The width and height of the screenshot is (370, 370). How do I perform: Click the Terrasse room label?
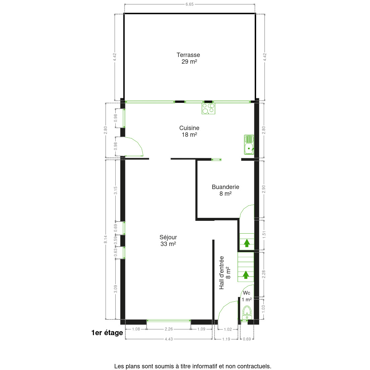pos(188,55)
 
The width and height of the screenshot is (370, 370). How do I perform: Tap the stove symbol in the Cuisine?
pos(208,108)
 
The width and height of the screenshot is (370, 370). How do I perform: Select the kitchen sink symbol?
pos(249,144)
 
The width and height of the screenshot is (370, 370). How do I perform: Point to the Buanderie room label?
pos(225,187)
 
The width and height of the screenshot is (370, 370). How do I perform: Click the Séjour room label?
pos(168,237)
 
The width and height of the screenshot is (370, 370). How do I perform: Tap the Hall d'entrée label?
pos(222,273)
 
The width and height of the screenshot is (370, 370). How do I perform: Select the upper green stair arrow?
pos(247,243)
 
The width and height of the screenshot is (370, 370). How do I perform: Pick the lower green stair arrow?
pos(246,275)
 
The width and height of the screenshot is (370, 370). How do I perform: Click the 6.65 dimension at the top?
pos(189,4)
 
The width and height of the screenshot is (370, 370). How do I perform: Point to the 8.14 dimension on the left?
pos(106,239)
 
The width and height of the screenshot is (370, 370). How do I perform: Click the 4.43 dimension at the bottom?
pos(169,339)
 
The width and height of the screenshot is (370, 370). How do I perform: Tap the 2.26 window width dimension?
pos(169,329)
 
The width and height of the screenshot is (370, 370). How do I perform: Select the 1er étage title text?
pos(107,333)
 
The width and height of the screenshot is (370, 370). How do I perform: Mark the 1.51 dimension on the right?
pos(264,235)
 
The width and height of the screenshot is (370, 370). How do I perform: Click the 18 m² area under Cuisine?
pos(189,135)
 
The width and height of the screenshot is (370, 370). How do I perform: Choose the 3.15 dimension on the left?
pos(116,190)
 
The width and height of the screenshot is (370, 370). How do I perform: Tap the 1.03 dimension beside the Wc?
pos(264,309)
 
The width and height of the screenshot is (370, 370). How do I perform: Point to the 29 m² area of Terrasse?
pos(189,62)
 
